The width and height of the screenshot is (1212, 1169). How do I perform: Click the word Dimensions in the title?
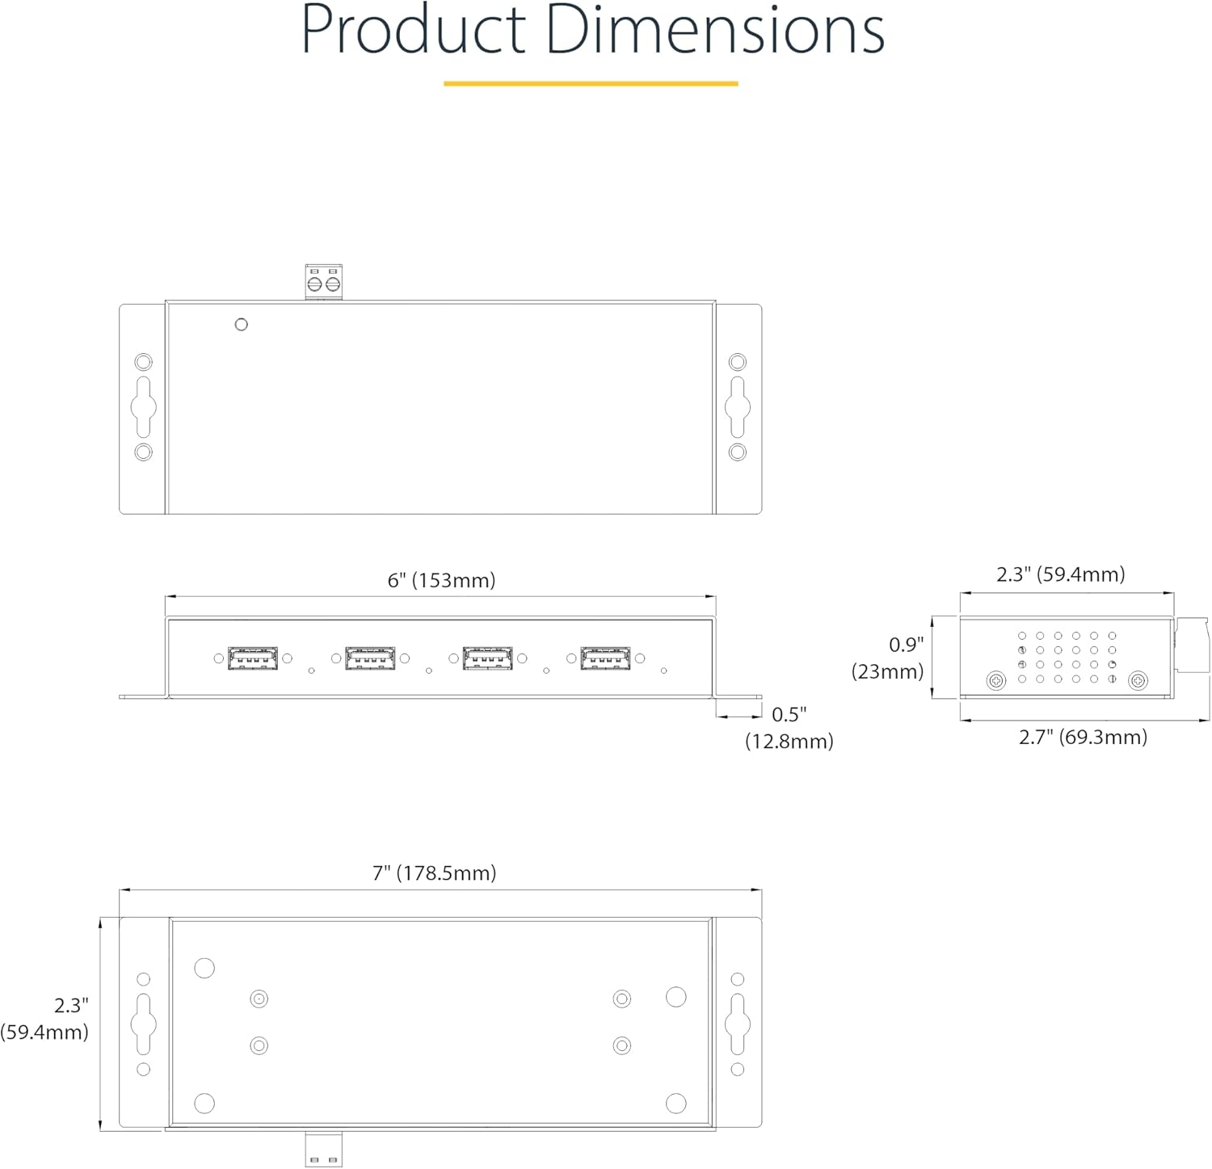715,30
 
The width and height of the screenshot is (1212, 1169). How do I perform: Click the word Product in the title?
414,30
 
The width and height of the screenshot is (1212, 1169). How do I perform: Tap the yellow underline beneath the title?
591,83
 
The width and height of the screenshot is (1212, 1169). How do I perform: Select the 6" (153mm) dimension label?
441,580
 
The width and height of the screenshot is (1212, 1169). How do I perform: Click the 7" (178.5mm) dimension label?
434,873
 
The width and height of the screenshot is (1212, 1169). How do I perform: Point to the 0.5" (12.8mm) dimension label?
789,727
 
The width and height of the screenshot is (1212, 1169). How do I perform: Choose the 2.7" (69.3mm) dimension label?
1083,737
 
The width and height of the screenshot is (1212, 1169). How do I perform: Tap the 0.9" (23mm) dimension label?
888,658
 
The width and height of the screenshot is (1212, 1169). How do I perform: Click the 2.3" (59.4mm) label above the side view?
1060,574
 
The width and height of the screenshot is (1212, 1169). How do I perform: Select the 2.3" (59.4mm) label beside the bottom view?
44,1019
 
